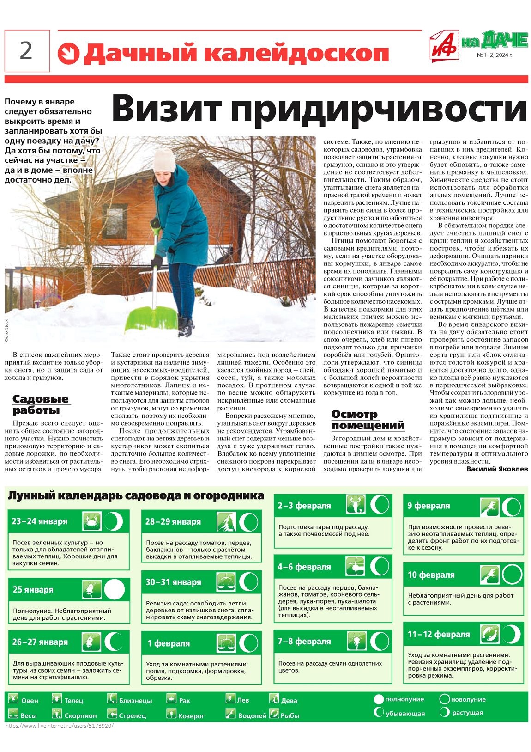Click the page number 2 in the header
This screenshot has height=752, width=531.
click(x=26, y=50)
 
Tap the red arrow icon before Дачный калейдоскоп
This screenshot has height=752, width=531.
click(x=68, y=54)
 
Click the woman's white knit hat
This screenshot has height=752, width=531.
click(x=164, y=160)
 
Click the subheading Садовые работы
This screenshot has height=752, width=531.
click(x=40, y=404)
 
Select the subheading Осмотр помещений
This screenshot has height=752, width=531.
click(x=368, y=420)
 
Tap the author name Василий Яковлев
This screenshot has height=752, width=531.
click(x=497, y=469)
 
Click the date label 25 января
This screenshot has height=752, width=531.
click(x=33, y=590)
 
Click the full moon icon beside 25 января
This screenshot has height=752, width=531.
click(x=114, y=590)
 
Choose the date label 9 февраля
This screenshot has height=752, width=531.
click(x=428, y=506)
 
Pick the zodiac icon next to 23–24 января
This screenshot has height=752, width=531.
click(x=92, y=521)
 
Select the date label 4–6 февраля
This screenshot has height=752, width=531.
click(x=304, y=567)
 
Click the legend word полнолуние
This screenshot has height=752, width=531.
click(x=404, y=699)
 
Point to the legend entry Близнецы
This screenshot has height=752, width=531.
click(x=135, y=701)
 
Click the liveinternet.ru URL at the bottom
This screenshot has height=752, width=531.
click(x=59, y=726)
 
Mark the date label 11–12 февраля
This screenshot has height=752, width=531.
click(x=438, y=635)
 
